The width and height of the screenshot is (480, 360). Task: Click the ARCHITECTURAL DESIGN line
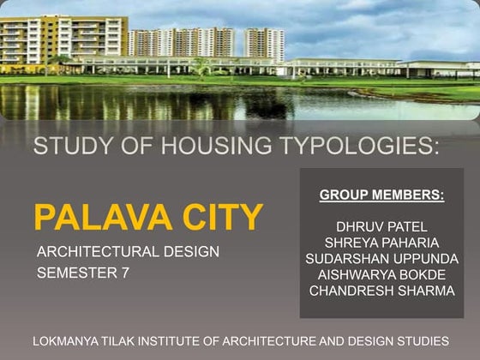128,252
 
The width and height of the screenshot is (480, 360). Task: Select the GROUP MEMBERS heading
381,195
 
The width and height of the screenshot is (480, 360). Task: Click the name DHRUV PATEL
381,227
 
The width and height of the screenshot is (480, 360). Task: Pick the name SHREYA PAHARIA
381,243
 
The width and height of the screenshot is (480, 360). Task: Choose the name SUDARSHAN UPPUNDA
381,259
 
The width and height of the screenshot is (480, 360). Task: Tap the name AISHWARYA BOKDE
381,274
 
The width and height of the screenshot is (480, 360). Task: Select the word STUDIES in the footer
422,340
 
